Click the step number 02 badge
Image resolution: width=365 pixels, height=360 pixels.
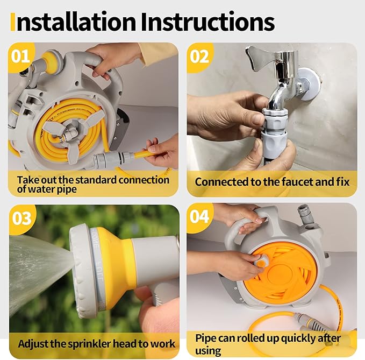tap(199, 55)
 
